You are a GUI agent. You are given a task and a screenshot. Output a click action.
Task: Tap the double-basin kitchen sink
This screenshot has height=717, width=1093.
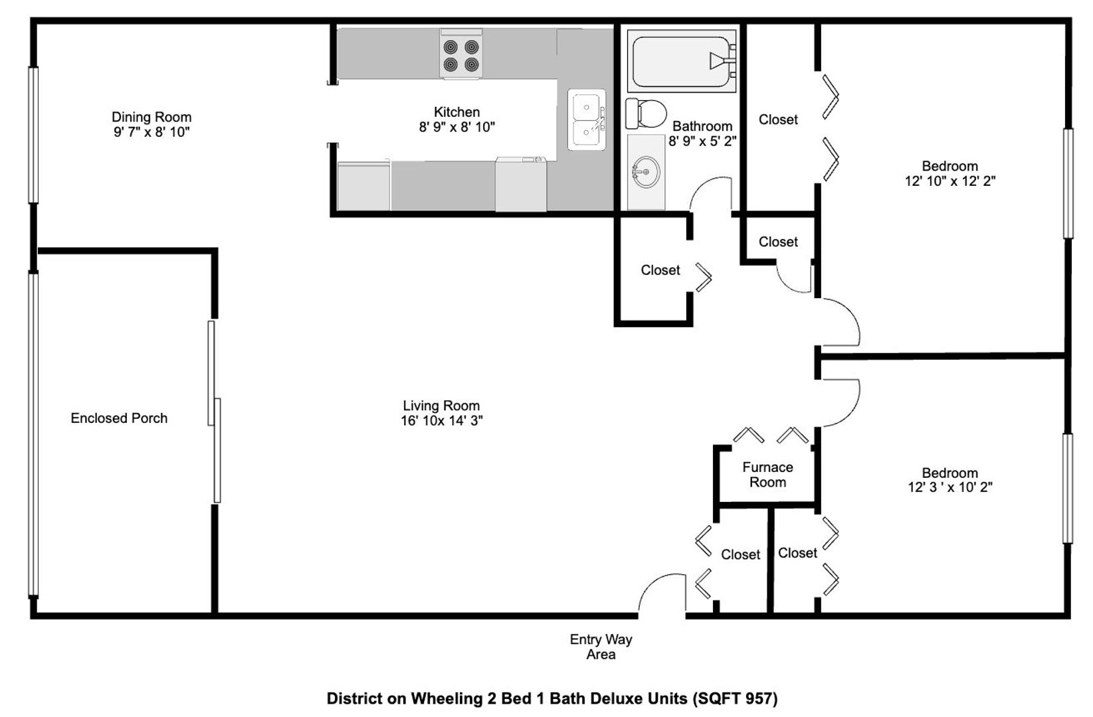pos(587,119)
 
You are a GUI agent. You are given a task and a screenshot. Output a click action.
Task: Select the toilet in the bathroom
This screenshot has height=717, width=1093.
pos(646,113)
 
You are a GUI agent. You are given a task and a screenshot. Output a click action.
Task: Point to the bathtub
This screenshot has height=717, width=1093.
pos(682,61)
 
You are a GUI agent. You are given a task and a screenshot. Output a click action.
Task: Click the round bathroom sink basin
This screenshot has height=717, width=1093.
pos(646,172)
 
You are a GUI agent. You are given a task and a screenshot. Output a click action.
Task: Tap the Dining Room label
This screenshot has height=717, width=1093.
pos(151,117)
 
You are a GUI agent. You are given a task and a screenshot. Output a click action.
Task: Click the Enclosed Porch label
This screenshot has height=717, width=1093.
pos(119,418)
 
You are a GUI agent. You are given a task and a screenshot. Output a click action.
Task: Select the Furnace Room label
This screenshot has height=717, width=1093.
pos(767,475)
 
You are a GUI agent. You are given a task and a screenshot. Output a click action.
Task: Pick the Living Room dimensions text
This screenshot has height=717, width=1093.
pos(442,421)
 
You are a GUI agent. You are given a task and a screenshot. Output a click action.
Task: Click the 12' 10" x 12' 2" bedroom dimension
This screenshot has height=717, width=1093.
pos(950,181)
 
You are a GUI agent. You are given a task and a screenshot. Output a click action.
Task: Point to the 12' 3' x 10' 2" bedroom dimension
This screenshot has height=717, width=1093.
pos(950,487)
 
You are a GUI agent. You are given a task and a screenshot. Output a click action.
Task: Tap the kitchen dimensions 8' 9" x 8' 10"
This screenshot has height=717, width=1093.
pos(456,127)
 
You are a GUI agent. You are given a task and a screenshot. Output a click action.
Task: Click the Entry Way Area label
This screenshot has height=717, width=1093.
pos(601,647)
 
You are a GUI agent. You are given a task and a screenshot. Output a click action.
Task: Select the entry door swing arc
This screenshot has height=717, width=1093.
pos(654,582)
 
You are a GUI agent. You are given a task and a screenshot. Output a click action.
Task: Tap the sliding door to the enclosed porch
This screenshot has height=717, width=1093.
pos(214,412)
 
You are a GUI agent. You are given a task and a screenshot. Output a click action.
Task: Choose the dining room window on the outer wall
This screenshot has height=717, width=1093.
pos(33,135)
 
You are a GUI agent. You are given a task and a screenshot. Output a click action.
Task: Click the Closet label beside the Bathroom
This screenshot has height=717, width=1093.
pos(778,119)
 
